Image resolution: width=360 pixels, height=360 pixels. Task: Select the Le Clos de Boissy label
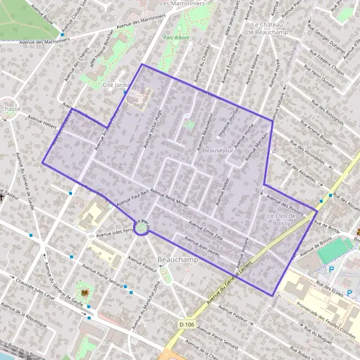point(278,219)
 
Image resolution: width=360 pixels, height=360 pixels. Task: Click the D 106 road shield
point(187,325)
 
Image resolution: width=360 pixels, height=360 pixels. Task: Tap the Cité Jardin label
point(116,85)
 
